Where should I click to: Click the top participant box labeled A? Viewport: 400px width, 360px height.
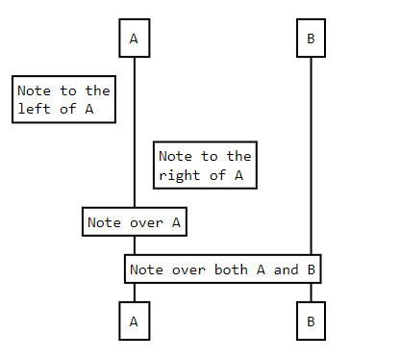[134, 39]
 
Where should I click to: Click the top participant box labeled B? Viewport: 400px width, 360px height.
[311, 39]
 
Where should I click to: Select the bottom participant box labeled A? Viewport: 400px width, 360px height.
[134, 321]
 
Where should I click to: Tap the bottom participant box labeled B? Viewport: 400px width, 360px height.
[311, 321]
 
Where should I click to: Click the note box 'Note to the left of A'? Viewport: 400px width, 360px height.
[63, 99]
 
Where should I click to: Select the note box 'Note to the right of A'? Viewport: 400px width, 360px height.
[205, 166]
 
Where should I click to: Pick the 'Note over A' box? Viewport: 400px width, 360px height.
[134, 222]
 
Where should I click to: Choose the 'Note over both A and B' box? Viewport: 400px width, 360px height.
[222, 270]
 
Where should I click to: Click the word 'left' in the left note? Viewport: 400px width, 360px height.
[35, 109]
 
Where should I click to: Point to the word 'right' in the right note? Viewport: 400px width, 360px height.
[180, 175]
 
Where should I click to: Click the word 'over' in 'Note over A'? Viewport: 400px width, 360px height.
[147, 222]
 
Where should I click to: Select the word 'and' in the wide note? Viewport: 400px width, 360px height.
[287, 270]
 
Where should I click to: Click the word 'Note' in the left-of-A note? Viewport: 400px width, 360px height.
[35, 90]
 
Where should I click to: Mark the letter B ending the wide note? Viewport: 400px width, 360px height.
[312, 270]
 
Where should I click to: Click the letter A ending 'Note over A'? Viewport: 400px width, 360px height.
[176, 222]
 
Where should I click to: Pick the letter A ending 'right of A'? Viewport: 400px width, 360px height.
[237, 175]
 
